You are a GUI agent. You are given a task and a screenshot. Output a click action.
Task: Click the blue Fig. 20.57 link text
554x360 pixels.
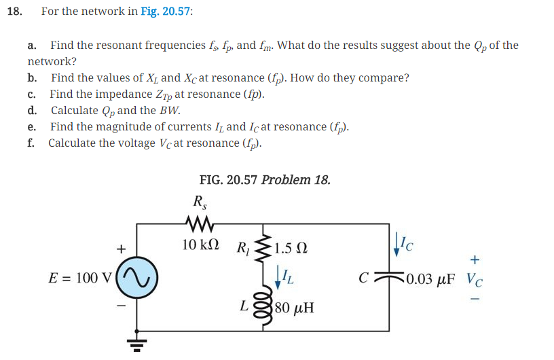point(166,12)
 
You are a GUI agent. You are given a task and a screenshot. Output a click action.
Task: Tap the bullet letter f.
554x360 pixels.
point(31,143)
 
